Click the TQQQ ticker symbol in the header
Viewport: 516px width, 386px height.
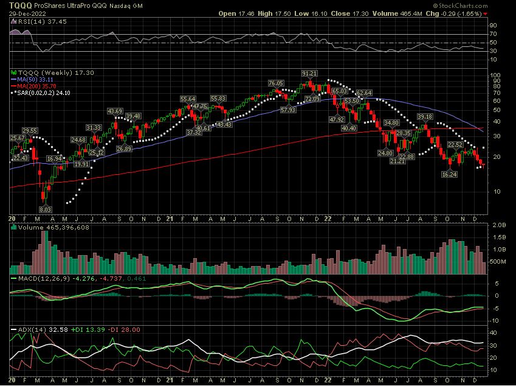coord(11,5)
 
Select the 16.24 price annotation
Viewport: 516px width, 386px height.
coord(449,174)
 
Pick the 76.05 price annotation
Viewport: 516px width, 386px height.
coord(277,83)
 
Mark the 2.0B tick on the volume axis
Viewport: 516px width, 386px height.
coord(498,225)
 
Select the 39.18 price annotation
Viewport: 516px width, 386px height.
coord(424,116)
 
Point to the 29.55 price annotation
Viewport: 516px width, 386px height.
coord(30,130)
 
